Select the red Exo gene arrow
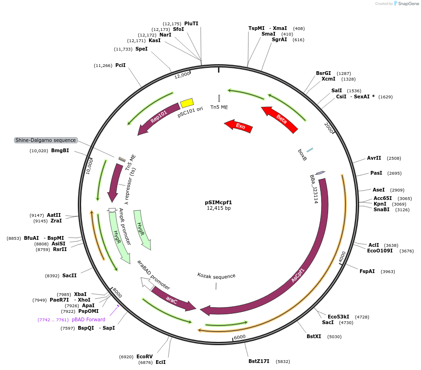239,126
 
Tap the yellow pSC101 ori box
187,103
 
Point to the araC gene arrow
173,300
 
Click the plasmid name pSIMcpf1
218,202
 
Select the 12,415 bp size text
218,208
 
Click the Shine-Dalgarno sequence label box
45,140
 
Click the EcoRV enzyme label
144,356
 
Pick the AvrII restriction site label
374,158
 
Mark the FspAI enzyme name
367,271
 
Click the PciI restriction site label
120,66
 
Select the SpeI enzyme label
141,49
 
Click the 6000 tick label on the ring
240,337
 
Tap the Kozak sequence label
216,276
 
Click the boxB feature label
302,155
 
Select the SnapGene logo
407,4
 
